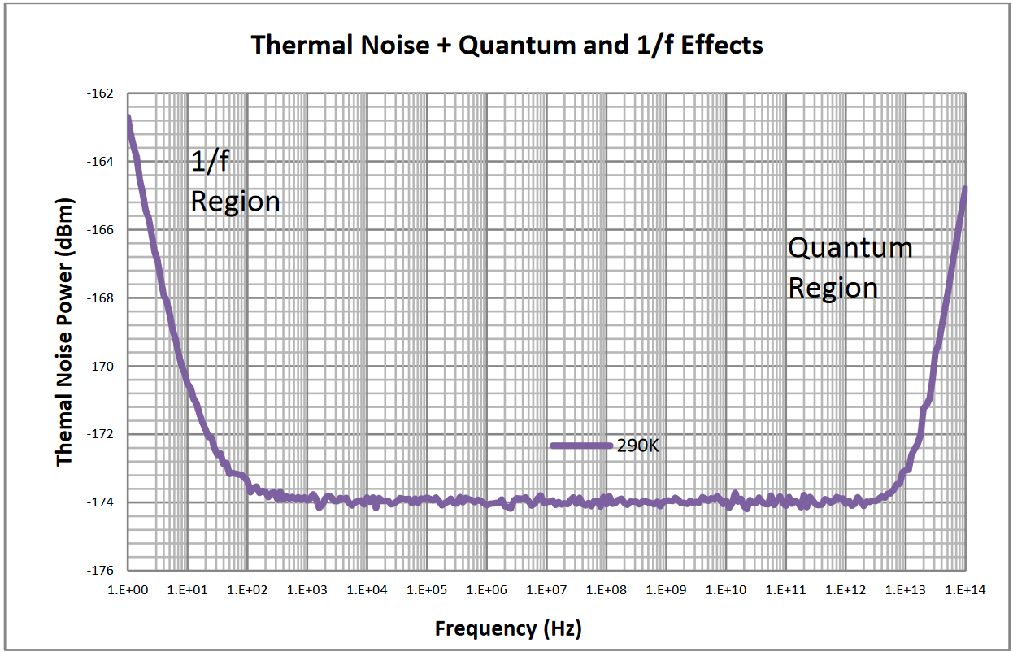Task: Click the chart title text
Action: (506, 45)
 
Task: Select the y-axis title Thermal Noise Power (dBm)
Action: (65, 332)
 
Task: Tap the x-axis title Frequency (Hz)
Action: (508, 628)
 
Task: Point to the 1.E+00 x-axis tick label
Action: (128, 589)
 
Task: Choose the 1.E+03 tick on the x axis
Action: (307, 589)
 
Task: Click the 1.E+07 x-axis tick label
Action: (547, 589)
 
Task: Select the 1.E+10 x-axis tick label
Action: (726, 589)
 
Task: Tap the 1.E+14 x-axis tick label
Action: (965, 589)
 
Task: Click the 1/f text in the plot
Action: (209, 162)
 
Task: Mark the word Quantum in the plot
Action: (850, 247)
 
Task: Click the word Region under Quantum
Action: (833, 288)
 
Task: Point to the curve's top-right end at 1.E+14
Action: (965, 189)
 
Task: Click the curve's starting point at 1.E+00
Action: (128, 119)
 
